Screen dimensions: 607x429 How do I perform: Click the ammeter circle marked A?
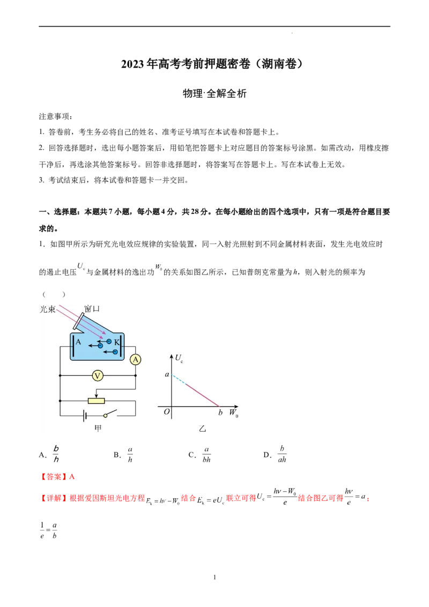136,360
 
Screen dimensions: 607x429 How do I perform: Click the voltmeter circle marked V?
97,376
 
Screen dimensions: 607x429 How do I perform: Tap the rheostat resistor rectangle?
96,400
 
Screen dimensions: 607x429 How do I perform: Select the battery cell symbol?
84,416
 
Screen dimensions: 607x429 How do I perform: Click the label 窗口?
92,309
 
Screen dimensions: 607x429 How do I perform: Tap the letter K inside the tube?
116,342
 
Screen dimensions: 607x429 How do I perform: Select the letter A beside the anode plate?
78,342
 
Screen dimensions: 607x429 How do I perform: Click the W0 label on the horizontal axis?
234,413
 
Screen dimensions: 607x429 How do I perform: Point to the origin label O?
167,412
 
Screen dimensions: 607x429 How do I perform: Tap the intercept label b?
220,413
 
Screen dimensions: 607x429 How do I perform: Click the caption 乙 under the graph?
202,428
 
